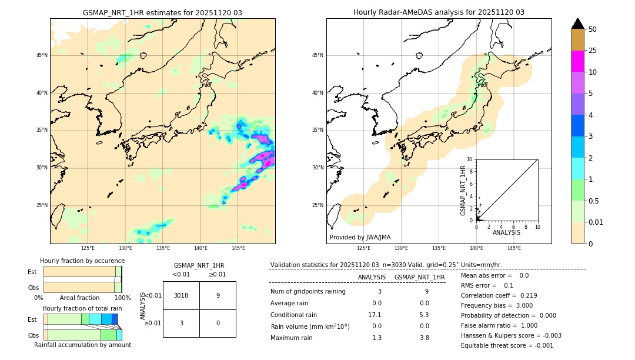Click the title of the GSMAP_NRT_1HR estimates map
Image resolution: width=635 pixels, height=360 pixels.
[162, 12]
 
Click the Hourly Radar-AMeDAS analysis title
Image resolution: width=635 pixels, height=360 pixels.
[439, 12]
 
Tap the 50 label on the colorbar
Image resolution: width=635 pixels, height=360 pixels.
[593, 29]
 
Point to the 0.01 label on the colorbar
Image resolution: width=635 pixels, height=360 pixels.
[596, 222]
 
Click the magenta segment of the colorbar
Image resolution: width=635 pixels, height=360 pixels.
[577, 61]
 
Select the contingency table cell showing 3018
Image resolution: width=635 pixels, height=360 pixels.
[181, 295]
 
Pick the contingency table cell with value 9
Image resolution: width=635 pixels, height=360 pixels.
[218, 295]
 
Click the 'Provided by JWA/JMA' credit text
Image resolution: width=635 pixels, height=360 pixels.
[360, 238]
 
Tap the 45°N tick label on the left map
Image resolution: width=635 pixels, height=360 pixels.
[42, 55]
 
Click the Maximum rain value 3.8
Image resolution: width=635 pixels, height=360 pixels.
[424, 338]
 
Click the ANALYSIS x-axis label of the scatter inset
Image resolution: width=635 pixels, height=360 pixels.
[506, 232]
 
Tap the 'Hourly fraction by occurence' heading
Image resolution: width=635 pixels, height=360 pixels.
[82, 261]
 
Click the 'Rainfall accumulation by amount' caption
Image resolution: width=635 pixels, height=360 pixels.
[82, 345]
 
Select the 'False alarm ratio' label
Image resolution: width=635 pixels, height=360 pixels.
[484, 325]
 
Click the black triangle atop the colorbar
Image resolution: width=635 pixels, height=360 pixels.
[577, 24]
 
